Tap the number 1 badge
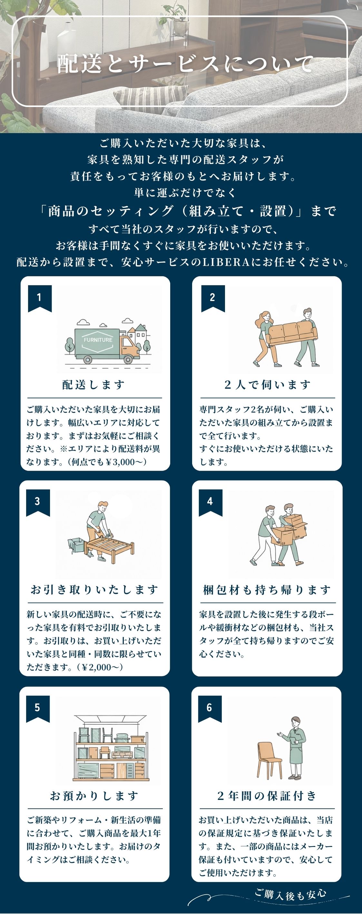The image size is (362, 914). [x=40, y=298]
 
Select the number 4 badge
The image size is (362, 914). [x=210, y=502]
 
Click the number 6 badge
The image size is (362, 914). [x=210, y=708]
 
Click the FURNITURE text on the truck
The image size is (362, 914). [x=98, y=339]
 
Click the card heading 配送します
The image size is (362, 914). [x=93, y=384]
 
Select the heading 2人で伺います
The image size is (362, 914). [x=267, y=384]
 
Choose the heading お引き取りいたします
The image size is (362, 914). [x=94, y=589]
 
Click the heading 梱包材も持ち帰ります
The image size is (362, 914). [x=267, y=590]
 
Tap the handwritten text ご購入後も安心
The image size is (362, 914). [x=290, y=894]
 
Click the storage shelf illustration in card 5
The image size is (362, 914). [x=110, y=748]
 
